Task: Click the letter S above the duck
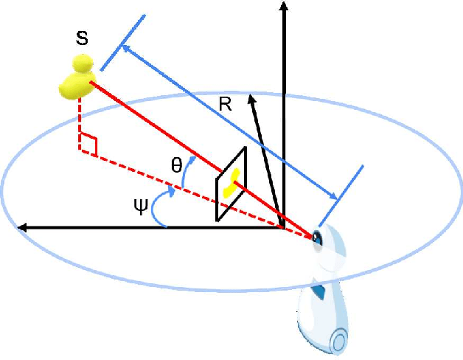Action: (83, 38)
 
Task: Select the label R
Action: (226, 105)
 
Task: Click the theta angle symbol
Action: (176, 166)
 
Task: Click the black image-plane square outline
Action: (218, 199)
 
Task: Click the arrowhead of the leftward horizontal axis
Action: (22, 227)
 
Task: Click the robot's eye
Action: (318, 238)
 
